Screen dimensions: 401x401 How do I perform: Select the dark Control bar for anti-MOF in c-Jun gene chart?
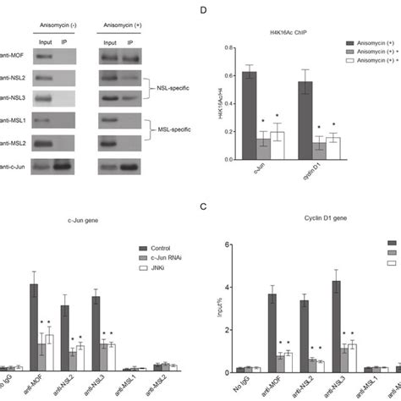point(33,326)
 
